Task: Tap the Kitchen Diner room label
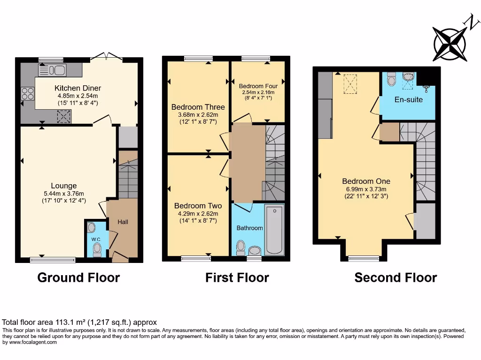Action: click(78, 88)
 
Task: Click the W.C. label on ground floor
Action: click(96, 240)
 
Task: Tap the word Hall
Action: click(123, 222)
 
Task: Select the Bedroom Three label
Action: click(198, 107)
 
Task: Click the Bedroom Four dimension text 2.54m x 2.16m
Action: click(258, 92)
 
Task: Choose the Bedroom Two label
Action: click(198, 206)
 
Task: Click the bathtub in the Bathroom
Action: click(274, 229)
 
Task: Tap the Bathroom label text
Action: click(249, 228)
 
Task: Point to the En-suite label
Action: click(409, 99)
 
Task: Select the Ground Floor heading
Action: click(78, 277)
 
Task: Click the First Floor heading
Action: click(237, 277)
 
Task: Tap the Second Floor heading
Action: click(396, 277)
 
